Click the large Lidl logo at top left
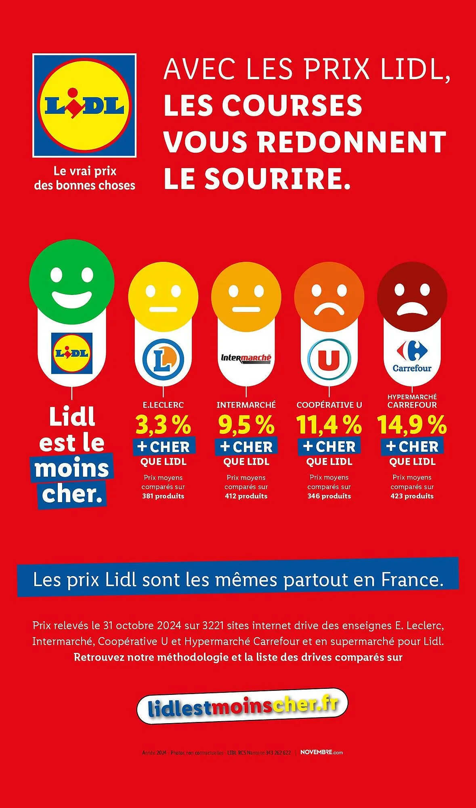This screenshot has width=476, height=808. pyautogui.click(x=84, y=105)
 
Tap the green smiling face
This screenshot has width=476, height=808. pyautogui.click(x=72, y=282)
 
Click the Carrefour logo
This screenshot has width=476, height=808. pyautogui.click(x=412, y=357)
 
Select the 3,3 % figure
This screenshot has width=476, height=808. pyautogui.click(x=163, y=425)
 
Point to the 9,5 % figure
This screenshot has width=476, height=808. pyautogui.click(x=246, y=425)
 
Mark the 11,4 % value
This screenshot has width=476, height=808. pyautogui.click(x=329, y=425)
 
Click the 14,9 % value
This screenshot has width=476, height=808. pyautogui.click(x=412, y=425)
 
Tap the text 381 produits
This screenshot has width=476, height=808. pyautogui.click(x=163, y=496)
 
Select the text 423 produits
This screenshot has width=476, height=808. pyautogui.click(x=412, y=496)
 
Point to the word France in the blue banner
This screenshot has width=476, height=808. pyautogui.click(x=412, y=579)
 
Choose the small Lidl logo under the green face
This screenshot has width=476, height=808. pyautogui.click(x=72, y=353)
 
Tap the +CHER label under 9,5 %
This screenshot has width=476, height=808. pyautogui.click(x=246, y=447)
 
